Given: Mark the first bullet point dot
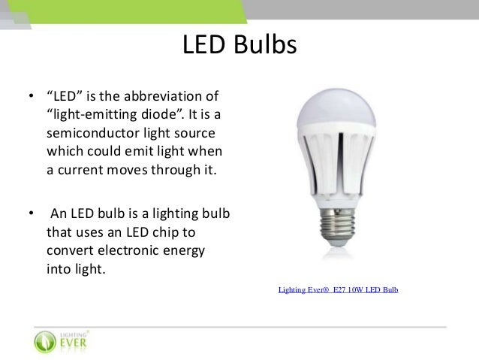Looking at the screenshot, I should point(31,98).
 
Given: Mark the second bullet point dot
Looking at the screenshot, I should point(31,213).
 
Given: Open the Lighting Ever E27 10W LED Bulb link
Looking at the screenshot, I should point(338,289).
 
